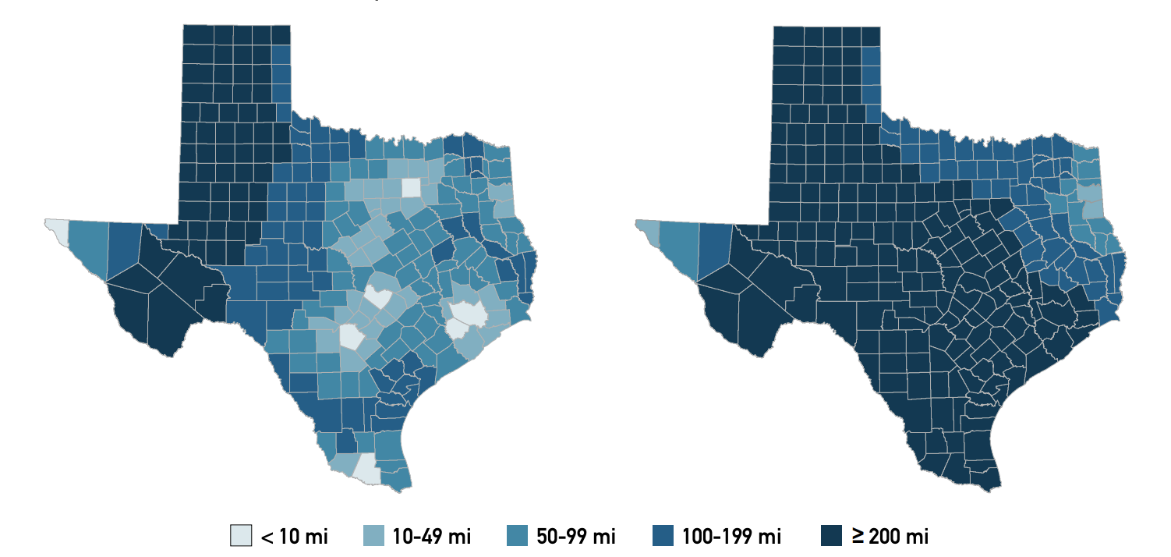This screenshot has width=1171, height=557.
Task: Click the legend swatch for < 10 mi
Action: pyautogui.click(x=242, y=536)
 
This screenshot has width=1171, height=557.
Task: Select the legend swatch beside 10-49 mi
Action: pyautogui.click(x=376, y=536)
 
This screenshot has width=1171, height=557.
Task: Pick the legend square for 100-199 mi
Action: pyautogui.click(x=662, y=536)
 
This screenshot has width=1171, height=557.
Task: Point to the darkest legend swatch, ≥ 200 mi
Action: pyautogui.click(x=831, y=536)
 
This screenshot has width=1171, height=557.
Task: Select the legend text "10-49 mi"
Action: pyautogui.click(x=432, y=536)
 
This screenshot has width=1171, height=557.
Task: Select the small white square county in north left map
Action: pyautogui.click(x=411, y=188)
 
